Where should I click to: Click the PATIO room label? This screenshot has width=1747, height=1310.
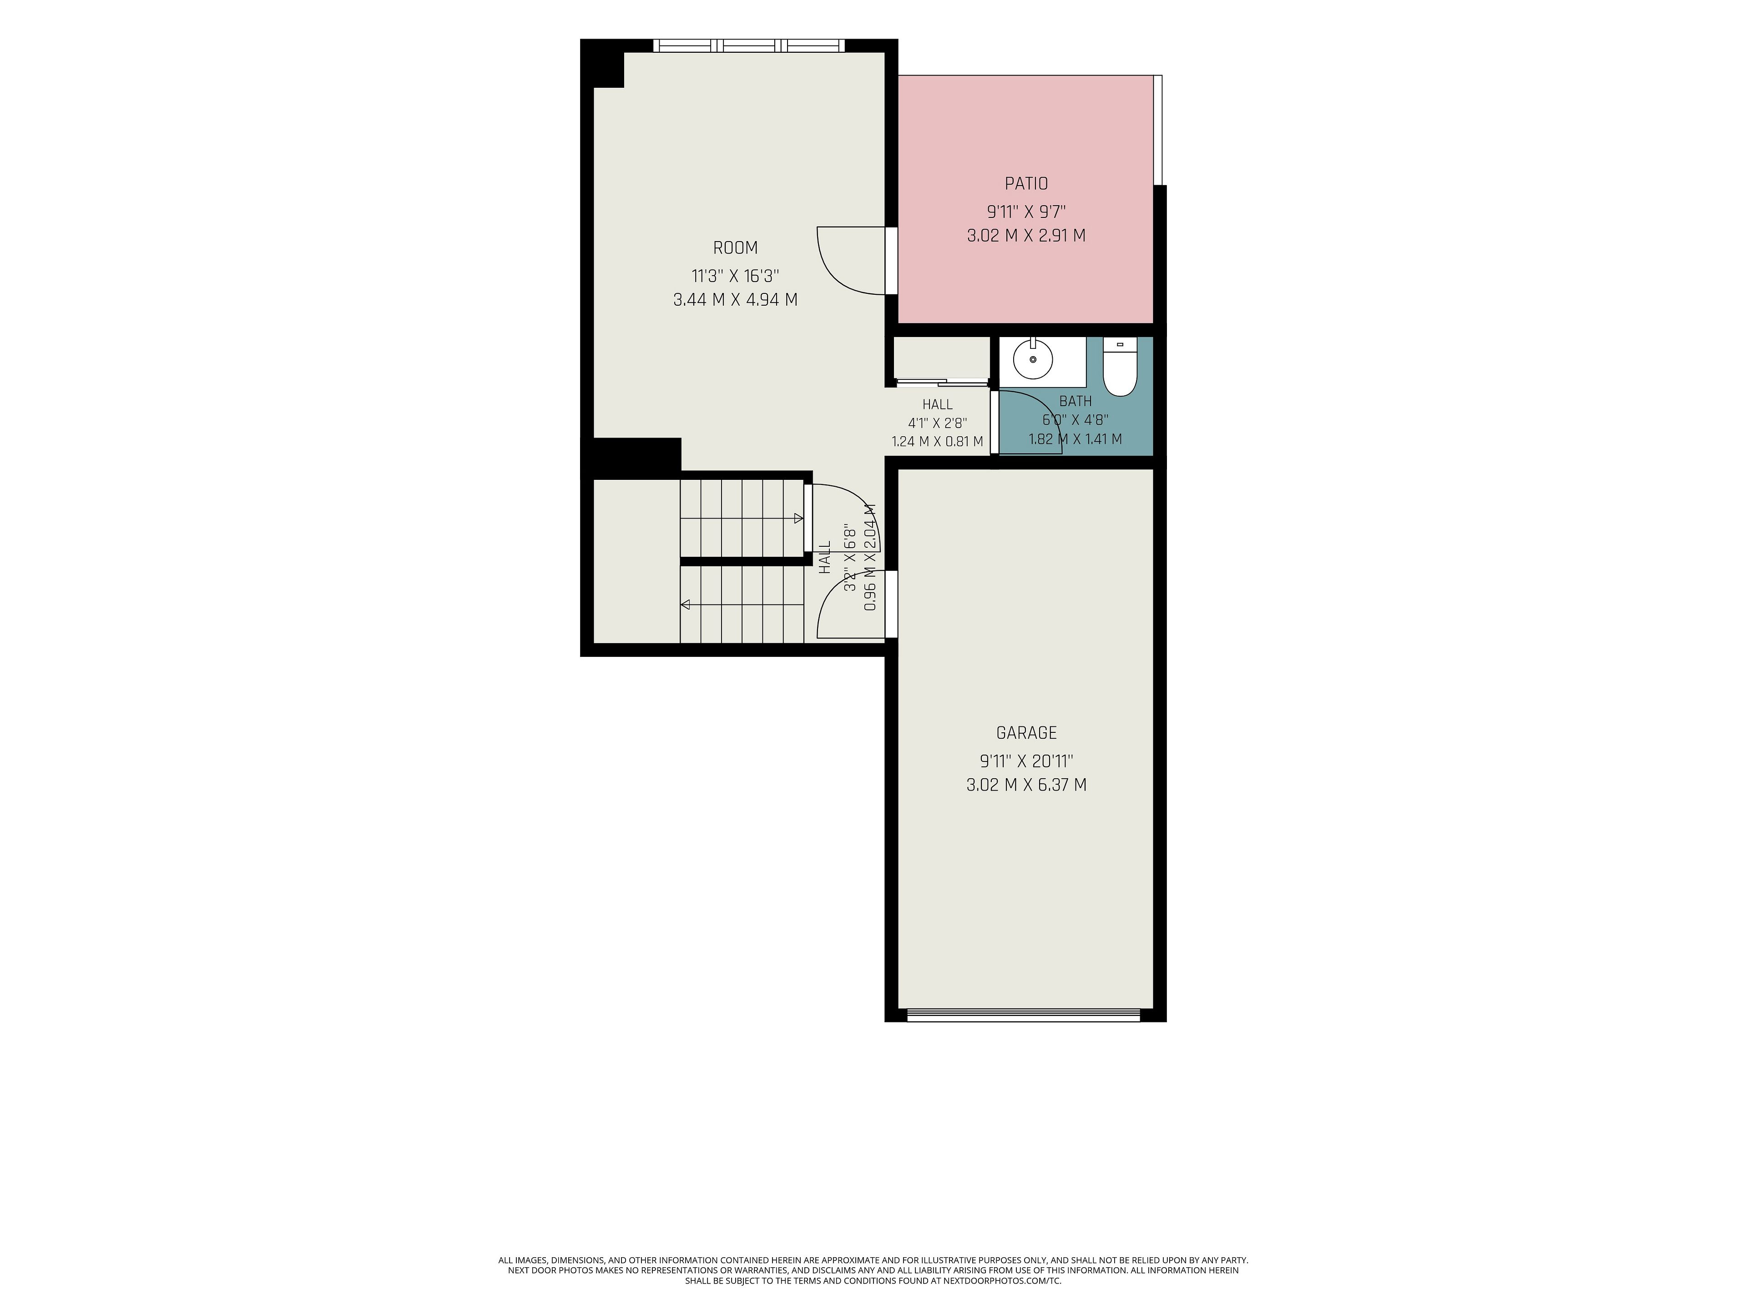[1026, 184]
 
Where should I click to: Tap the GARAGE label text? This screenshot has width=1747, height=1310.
[1026, 733]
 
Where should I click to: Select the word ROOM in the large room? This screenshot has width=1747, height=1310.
[735, 248]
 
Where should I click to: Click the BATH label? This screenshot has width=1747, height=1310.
[1075, 401]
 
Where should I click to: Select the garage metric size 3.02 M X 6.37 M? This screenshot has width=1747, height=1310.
[1026, 785]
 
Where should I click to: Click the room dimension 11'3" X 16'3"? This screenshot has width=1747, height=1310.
[735, 276]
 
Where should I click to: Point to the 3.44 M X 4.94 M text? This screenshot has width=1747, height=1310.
[735, 300]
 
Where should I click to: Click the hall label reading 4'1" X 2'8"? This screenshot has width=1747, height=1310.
[938, 423]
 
